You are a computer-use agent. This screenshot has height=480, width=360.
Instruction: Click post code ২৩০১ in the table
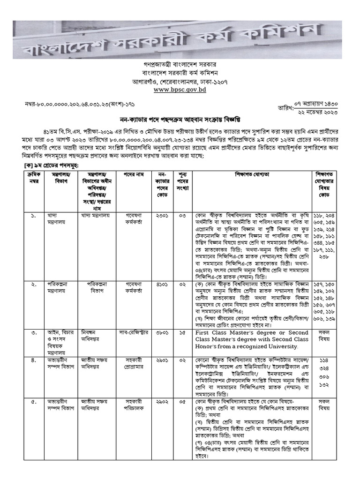coord(164,216)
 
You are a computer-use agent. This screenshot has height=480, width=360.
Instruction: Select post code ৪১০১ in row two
coord(164,284)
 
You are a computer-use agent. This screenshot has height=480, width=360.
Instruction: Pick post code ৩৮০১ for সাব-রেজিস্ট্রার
coord(164,332)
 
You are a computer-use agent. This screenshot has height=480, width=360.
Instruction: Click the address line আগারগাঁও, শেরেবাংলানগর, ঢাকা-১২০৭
coord(180,80)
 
